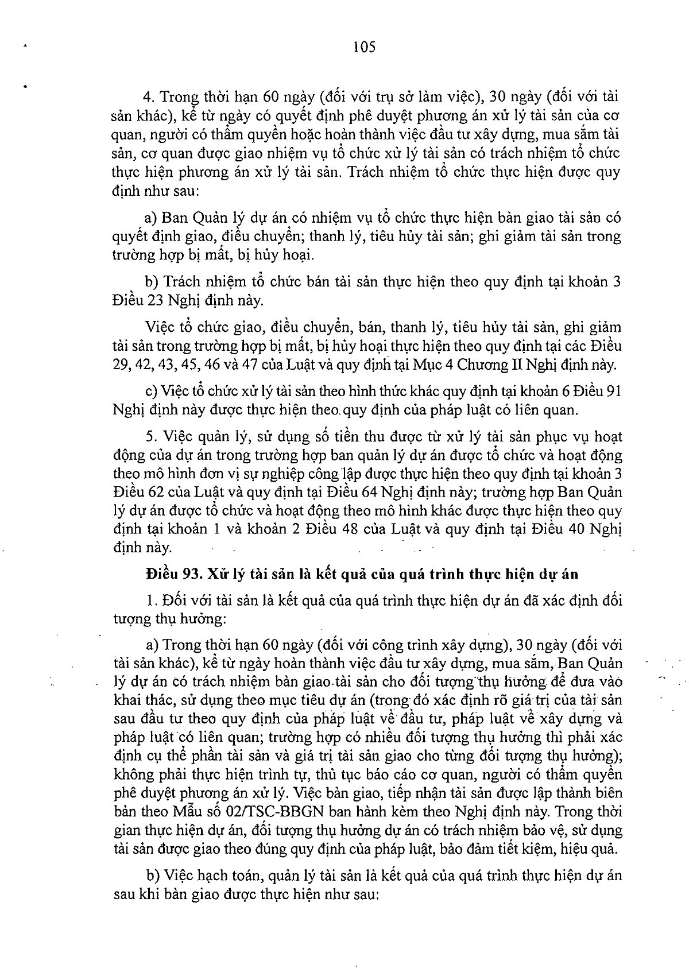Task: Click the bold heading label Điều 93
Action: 171,574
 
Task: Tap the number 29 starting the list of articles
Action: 119,364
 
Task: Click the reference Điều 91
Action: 595,391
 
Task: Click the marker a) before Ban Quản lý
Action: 151,218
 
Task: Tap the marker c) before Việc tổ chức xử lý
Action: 151,391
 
